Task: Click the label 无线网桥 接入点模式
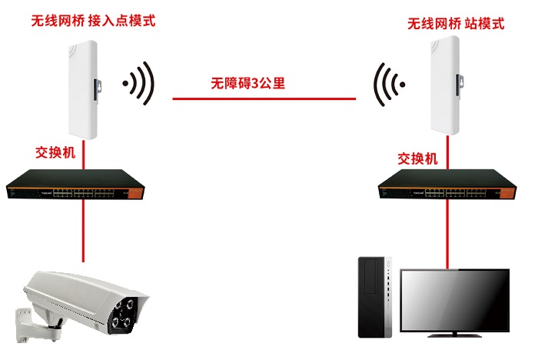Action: (x=92, y=21)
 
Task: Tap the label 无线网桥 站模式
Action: (x=456, y=24)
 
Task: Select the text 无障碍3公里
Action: (x=248, y=83)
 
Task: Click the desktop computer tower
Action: (x=377, y=297)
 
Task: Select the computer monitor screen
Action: (x=457, y=298)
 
